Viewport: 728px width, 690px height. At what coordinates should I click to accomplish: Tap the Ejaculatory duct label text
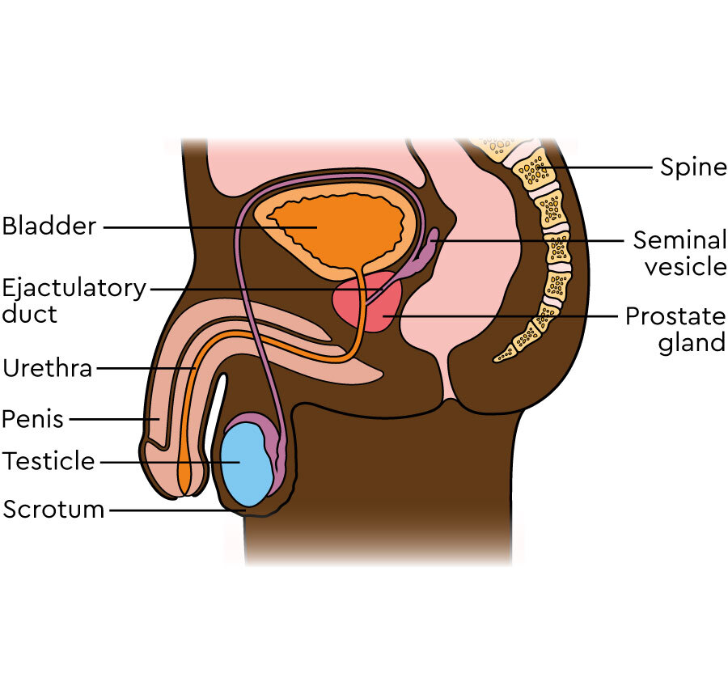74,300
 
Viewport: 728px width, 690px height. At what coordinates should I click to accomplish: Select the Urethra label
48,369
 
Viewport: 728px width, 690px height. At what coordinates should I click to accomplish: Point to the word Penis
33,419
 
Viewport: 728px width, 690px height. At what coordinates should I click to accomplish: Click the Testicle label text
49,462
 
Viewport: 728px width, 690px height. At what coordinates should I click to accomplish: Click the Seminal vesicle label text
679,253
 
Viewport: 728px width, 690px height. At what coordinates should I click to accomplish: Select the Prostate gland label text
675,328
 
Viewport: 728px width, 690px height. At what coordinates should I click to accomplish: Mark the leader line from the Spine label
599,168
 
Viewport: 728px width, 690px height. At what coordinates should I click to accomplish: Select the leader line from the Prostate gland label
502,315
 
